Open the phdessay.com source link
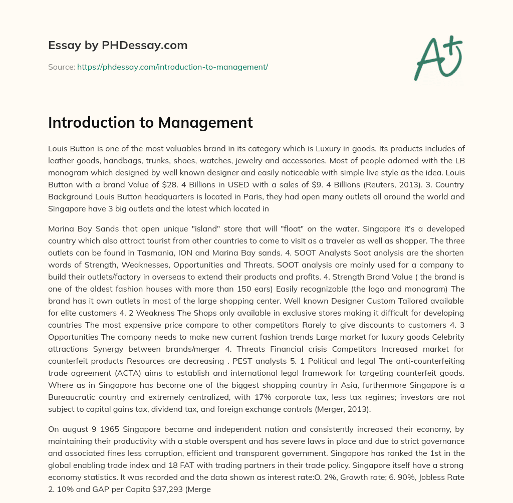172,67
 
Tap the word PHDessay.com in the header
145,45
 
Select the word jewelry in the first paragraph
305,161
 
